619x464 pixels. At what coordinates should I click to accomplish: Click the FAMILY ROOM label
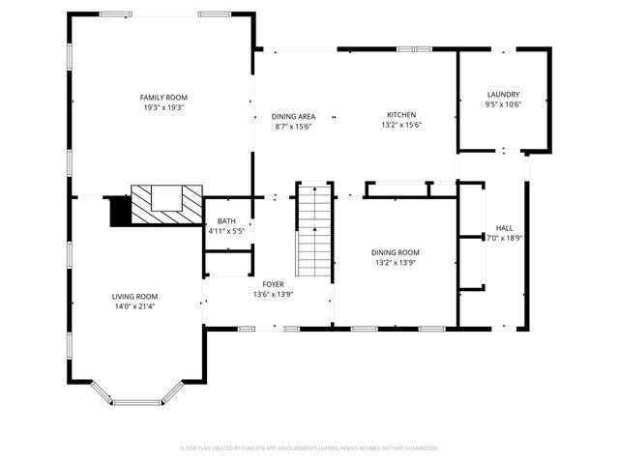[163, 98]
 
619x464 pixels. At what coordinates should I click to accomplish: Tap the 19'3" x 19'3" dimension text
[163, 107]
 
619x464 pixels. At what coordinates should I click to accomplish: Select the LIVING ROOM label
[133, 297]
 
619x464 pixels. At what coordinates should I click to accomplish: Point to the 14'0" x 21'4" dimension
[133, 306]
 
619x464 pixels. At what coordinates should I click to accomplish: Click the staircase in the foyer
[313, 232]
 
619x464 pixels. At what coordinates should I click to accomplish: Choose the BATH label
[226, 221]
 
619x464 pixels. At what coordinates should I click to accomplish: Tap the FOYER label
[274, 284]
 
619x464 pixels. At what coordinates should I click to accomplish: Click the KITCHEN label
[401, 115]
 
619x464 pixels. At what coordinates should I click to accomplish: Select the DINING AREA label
[293, 116]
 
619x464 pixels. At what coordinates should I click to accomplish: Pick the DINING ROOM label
[397, 252]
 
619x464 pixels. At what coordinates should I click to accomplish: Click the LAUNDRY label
[503, 95]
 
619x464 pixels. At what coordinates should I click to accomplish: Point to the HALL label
[503, 228]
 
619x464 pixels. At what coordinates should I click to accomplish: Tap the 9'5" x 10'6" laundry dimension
[503, 104]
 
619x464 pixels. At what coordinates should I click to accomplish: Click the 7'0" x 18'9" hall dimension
[503, 238]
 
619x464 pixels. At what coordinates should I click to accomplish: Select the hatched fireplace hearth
[166, 205]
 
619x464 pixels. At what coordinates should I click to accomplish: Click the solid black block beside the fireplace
[120, 212]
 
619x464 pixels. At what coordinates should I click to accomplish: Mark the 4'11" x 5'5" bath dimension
[226, 231]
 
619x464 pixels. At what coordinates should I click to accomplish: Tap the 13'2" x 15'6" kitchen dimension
[401, 125]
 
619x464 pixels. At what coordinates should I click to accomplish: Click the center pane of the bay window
[136, 402]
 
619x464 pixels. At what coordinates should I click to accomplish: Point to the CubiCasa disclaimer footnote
[309, 449]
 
